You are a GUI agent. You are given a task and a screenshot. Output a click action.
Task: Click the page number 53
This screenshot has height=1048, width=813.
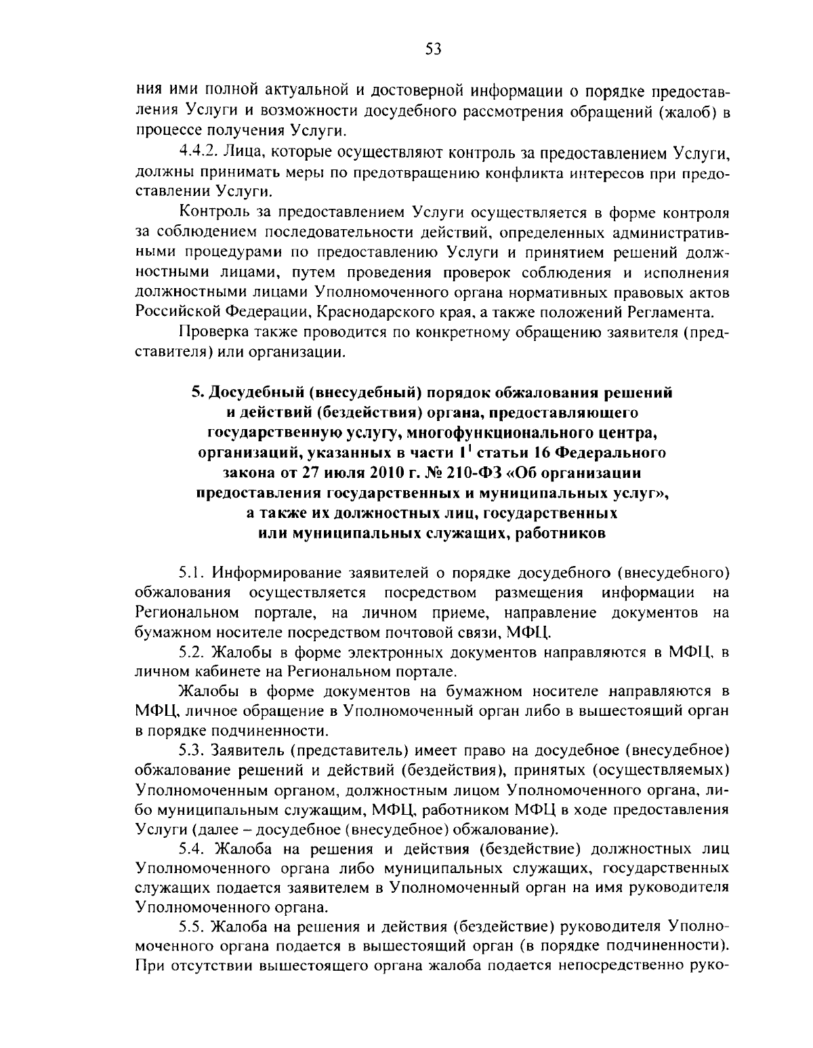434,48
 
